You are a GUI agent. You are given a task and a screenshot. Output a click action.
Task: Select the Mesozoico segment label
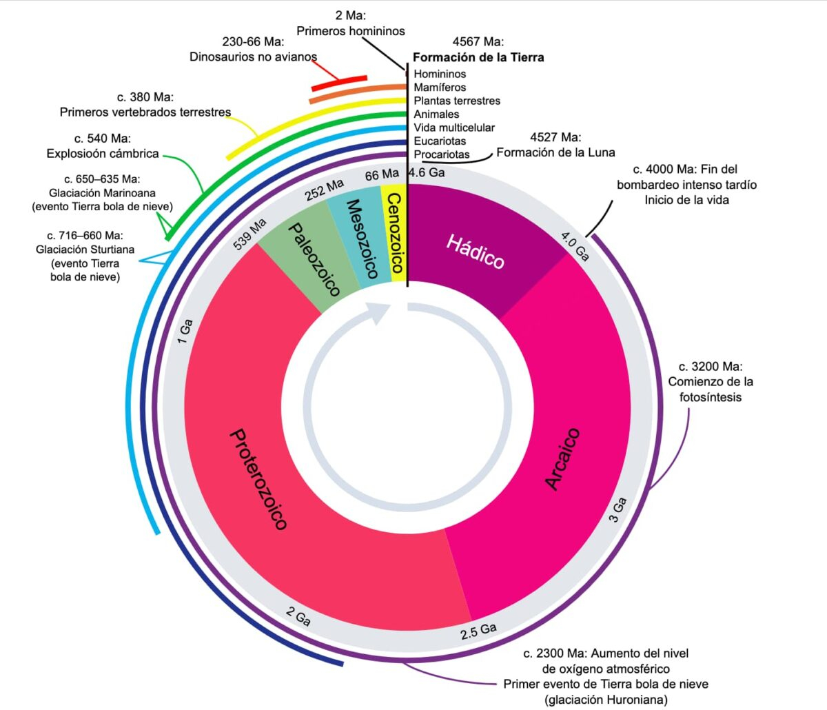coord(361,239)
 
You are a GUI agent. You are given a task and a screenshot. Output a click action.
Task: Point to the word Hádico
coord(476,251)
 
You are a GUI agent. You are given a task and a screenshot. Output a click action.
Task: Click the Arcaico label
coord(563,459)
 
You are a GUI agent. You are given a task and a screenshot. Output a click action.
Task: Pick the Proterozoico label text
coord(257,479)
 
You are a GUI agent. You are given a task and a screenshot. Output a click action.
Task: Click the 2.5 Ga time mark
coord(478,630)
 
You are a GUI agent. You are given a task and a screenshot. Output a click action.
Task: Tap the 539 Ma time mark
coord(250,234)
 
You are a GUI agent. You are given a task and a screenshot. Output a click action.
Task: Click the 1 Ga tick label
coord(185,331)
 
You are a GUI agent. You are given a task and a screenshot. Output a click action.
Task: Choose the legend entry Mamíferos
coord(440,88)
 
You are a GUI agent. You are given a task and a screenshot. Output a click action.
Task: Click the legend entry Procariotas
coord(442,154)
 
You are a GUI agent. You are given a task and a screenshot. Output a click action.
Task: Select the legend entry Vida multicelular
coord(454,128)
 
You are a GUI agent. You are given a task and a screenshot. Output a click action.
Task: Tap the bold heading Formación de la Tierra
coord(478,58)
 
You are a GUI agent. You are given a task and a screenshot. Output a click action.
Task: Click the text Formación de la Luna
coord(555,152)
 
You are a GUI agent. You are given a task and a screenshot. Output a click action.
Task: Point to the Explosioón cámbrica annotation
coord(103,154)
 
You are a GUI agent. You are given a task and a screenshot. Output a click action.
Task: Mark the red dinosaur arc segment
coord(339,83)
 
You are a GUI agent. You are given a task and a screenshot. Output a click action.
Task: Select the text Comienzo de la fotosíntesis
coord(711,389)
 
